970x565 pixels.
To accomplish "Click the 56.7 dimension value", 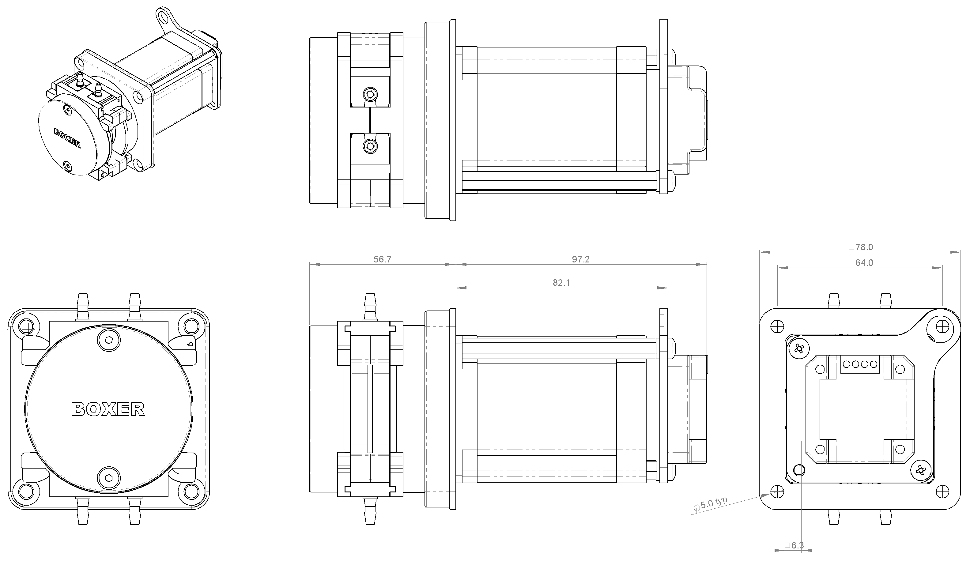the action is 382,259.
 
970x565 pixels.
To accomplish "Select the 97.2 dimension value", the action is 580,259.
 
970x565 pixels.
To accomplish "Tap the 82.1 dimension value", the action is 561,283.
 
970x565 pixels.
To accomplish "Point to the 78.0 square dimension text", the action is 861,247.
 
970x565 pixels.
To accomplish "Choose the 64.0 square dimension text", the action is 861,263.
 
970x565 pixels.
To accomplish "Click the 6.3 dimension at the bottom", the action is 794,545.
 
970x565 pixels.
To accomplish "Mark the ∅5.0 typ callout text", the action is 710,504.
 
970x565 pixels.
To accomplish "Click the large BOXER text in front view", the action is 108,409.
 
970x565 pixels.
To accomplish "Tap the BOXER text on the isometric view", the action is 67,138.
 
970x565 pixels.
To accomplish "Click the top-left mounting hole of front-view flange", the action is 26,326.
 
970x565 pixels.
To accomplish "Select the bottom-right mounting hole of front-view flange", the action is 191,492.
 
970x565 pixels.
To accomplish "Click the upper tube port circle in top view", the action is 370,94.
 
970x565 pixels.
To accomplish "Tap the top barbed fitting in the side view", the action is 370,307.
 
